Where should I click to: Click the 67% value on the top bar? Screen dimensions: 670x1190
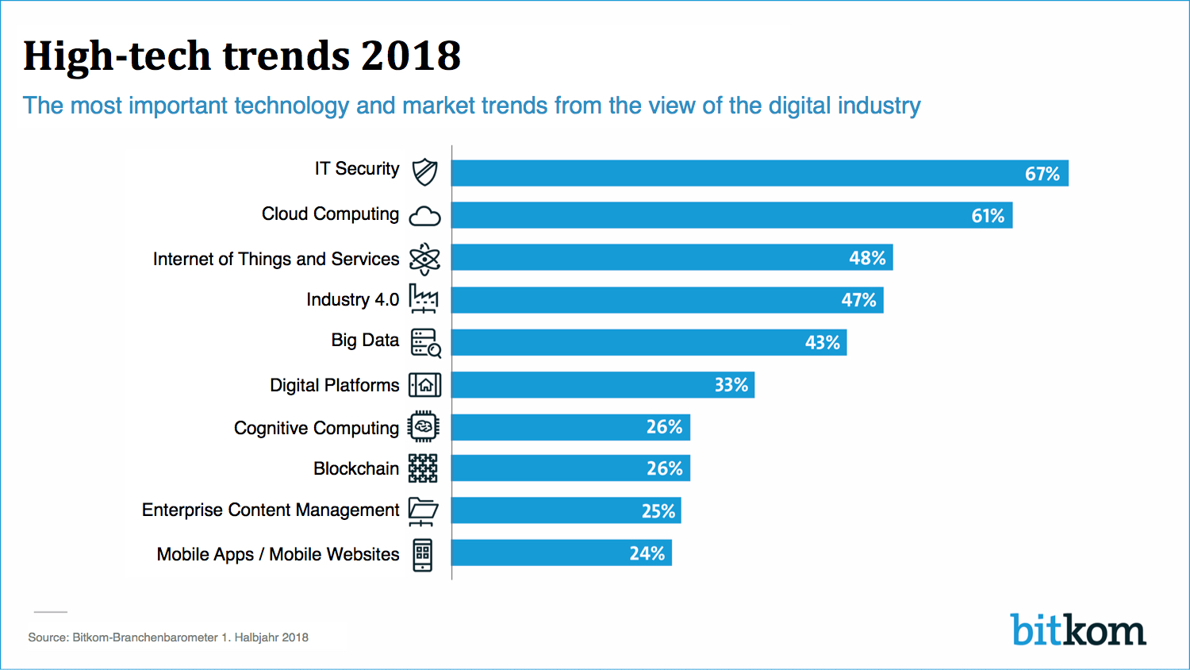[x=1042, y=174]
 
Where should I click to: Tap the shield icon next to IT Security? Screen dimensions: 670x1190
[x=424, y=171]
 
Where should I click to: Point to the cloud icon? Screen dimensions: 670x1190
[x=424, y=216]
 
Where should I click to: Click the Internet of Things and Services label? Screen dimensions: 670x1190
[x=276, y=259]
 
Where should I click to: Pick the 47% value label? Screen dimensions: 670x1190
[x=858, y=300]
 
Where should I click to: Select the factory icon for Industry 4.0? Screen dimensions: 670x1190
[x=424, y=298]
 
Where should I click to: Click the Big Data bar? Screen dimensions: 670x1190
[x=648, y=342]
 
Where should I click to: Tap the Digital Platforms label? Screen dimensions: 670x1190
[x=334, y=385]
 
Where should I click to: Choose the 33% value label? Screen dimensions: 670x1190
[x=731, y=385]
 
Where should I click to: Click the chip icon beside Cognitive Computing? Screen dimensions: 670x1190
[x=424, y=427]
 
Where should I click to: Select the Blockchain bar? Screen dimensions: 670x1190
[x=570, y=468]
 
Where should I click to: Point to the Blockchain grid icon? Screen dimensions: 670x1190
[x=423, y=468]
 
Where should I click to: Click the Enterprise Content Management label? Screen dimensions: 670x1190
[x=271, y=510]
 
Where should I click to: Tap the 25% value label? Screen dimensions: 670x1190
[x=658, y=511]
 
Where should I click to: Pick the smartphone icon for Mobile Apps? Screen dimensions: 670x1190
[x=423, y=554]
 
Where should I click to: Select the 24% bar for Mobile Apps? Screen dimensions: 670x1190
[x=561, y=553]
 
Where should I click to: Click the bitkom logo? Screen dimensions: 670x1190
[x=1078, y=630]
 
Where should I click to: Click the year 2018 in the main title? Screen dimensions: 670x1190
[x=410, y=56]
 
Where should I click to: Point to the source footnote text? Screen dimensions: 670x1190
[x=168, y=637]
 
